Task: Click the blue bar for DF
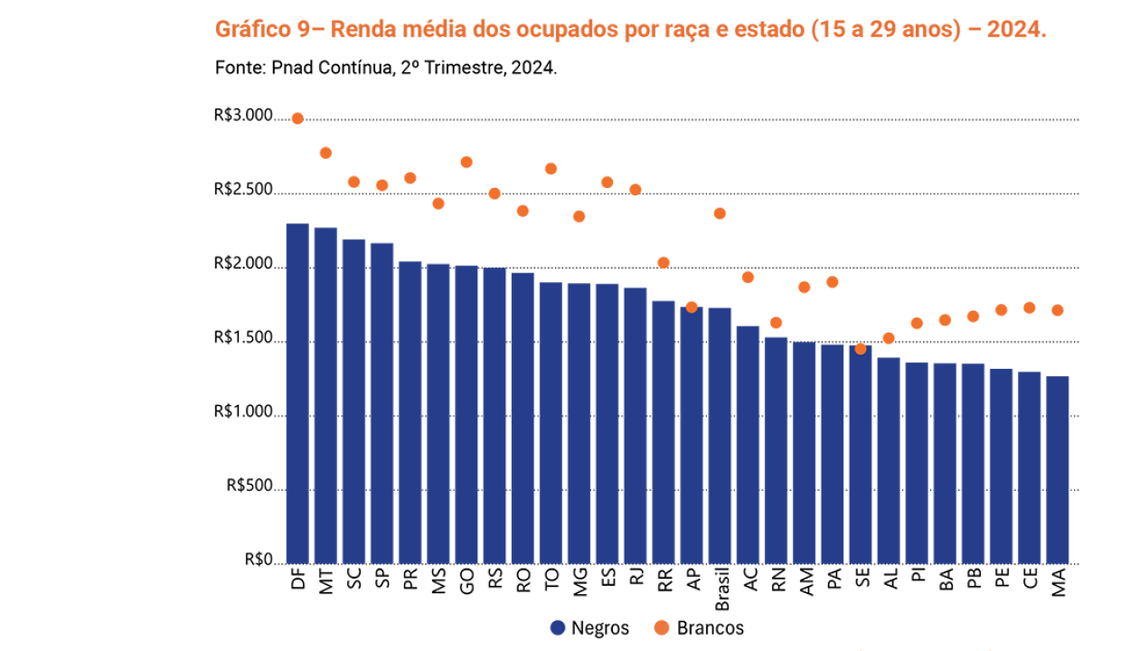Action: [x=297, y=393]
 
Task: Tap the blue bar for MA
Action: [x=1057, y=470]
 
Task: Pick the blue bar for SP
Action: [x=381, y=403]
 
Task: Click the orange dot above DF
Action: [x=297, y=118]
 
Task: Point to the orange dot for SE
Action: [x=861, y=349]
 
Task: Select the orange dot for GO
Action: [x=466, y=163]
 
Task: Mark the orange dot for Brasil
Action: [x=720, y=213]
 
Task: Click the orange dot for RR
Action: [x=664, y=263]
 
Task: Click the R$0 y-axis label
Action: [x=258, y=561]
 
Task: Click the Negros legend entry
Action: [x=589, y=627]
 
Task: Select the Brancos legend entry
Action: [x=698, y=627]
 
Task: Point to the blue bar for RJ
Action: [x=635, y=425]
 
